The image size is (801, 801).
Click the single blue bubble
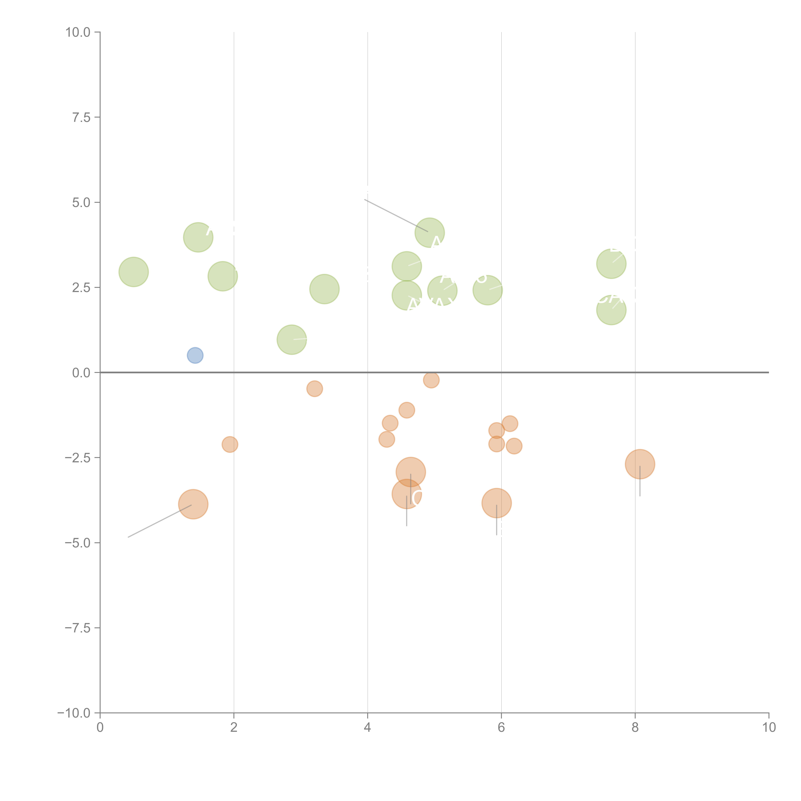click(x=195, y=355)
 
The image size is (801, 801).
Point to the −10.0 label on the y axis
click(x=74, y=713)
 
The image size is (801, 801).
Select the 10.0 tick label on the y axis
click(x=78, y=32)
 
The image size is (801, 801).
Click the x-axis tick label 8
click(x=635, y=728)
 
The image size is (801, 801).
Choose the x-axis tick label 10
click(x=769, y=728)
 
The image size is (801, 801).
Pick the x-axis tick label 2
click(x=234, y=728)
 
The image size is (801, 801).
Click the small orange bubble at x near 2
click(x=230, y=444)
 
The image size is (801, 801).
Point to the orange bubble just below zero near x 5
click(x=431, y=380)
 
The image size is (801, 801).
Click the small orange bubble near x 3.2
click(x=315, y=388)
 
